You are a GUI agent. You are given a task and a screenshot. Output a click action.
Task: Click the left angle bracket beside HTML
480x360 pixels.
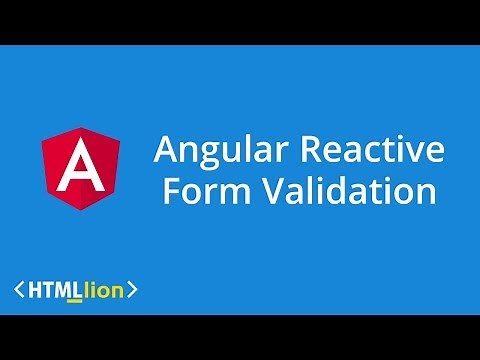point(20,291)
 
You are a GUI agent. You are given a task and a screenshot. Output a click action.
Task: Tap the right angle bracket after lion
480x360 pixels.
point(132,291)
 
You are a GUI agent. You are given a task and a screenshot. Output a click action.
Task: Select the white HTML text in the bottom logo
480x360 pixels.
point(57,291)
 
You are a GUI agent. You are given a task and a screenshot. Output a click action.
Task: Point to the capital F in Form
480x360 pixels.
point(171,189)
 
